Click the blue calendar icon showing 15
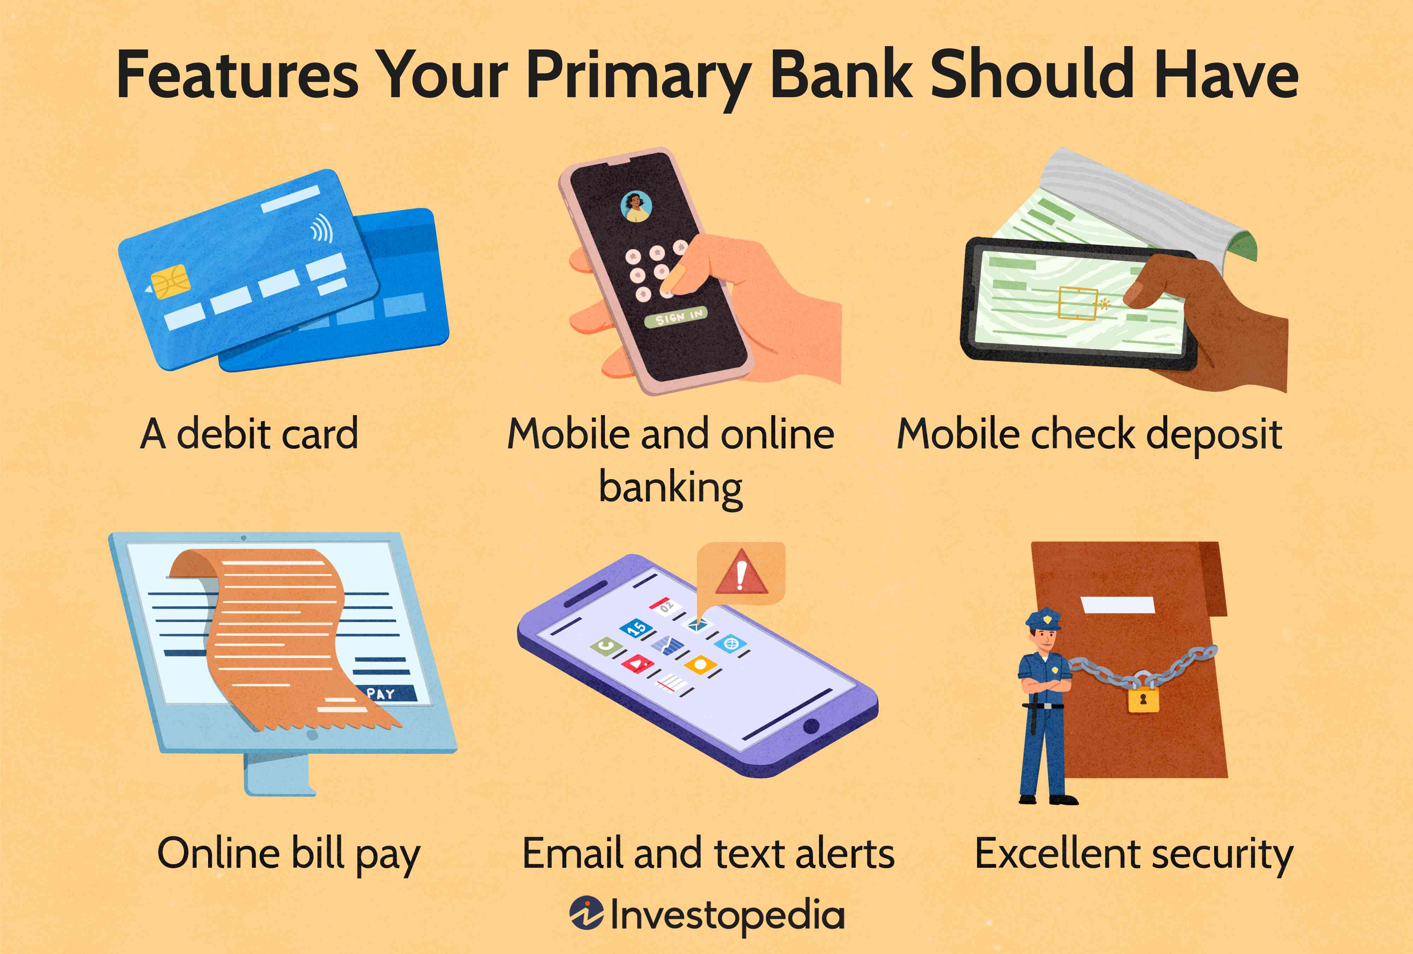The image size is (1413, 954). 636,628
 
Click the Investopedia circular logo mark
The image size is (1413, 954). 586,913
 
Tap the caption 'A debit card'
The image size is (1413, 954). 249,434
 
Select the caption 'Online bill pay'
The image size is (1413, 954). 288,854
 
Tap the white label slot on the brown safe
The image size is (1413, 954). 1118,605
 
